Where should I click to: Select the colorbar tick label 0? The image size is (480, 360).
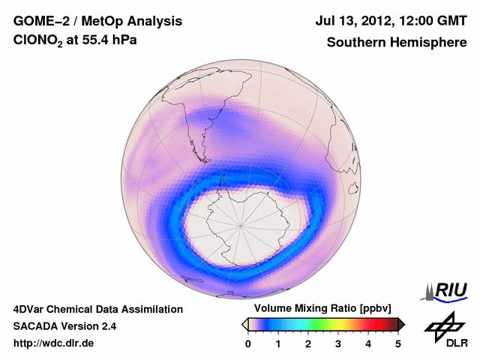248,343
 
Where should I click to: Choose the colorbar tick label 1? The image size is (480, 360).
278,343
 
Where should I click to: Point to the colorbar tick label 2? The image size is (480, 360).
308,343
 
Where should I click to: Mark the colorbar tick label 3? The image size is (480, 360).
338,343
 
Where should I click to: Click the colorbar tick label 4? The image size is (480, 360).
368,343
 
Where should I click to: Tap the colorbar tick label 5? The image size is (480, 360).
398,343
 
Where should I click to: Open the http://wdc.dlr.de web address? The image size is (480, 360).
54,344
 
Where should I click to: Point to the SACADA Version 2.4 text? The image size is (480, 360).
64,326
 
